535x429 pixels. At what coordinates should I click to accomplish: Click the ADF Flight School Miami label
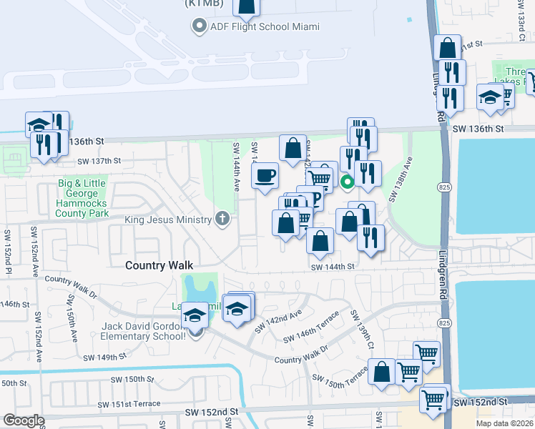265,27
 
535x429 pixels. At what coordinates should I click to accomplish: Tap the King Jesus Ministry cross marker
222,219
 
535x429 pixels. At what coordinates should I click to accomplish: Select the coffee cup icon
265,175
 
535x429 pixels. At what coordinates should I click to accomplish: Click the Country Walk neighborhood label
159,265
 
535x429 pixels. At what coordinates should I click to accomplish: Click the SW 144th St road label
333,267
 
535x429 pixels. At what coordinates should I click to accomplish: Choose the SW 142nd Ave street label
278,318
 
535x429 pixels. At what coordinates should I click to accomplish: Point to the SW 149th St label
104,356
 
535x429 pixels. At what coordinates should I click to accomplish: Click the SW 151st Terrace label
135,404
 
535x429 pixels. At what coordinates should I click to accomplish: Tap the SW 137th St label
99,161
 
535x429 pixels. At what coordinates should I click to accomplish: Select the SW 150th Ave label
73,319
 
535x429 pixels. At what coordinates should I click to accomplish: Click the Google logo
23,420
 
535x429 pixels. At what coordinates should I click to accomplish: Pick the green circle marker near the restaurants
347,182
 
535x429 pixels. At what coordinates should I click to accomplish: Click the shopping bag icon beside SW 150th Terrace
383,372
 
